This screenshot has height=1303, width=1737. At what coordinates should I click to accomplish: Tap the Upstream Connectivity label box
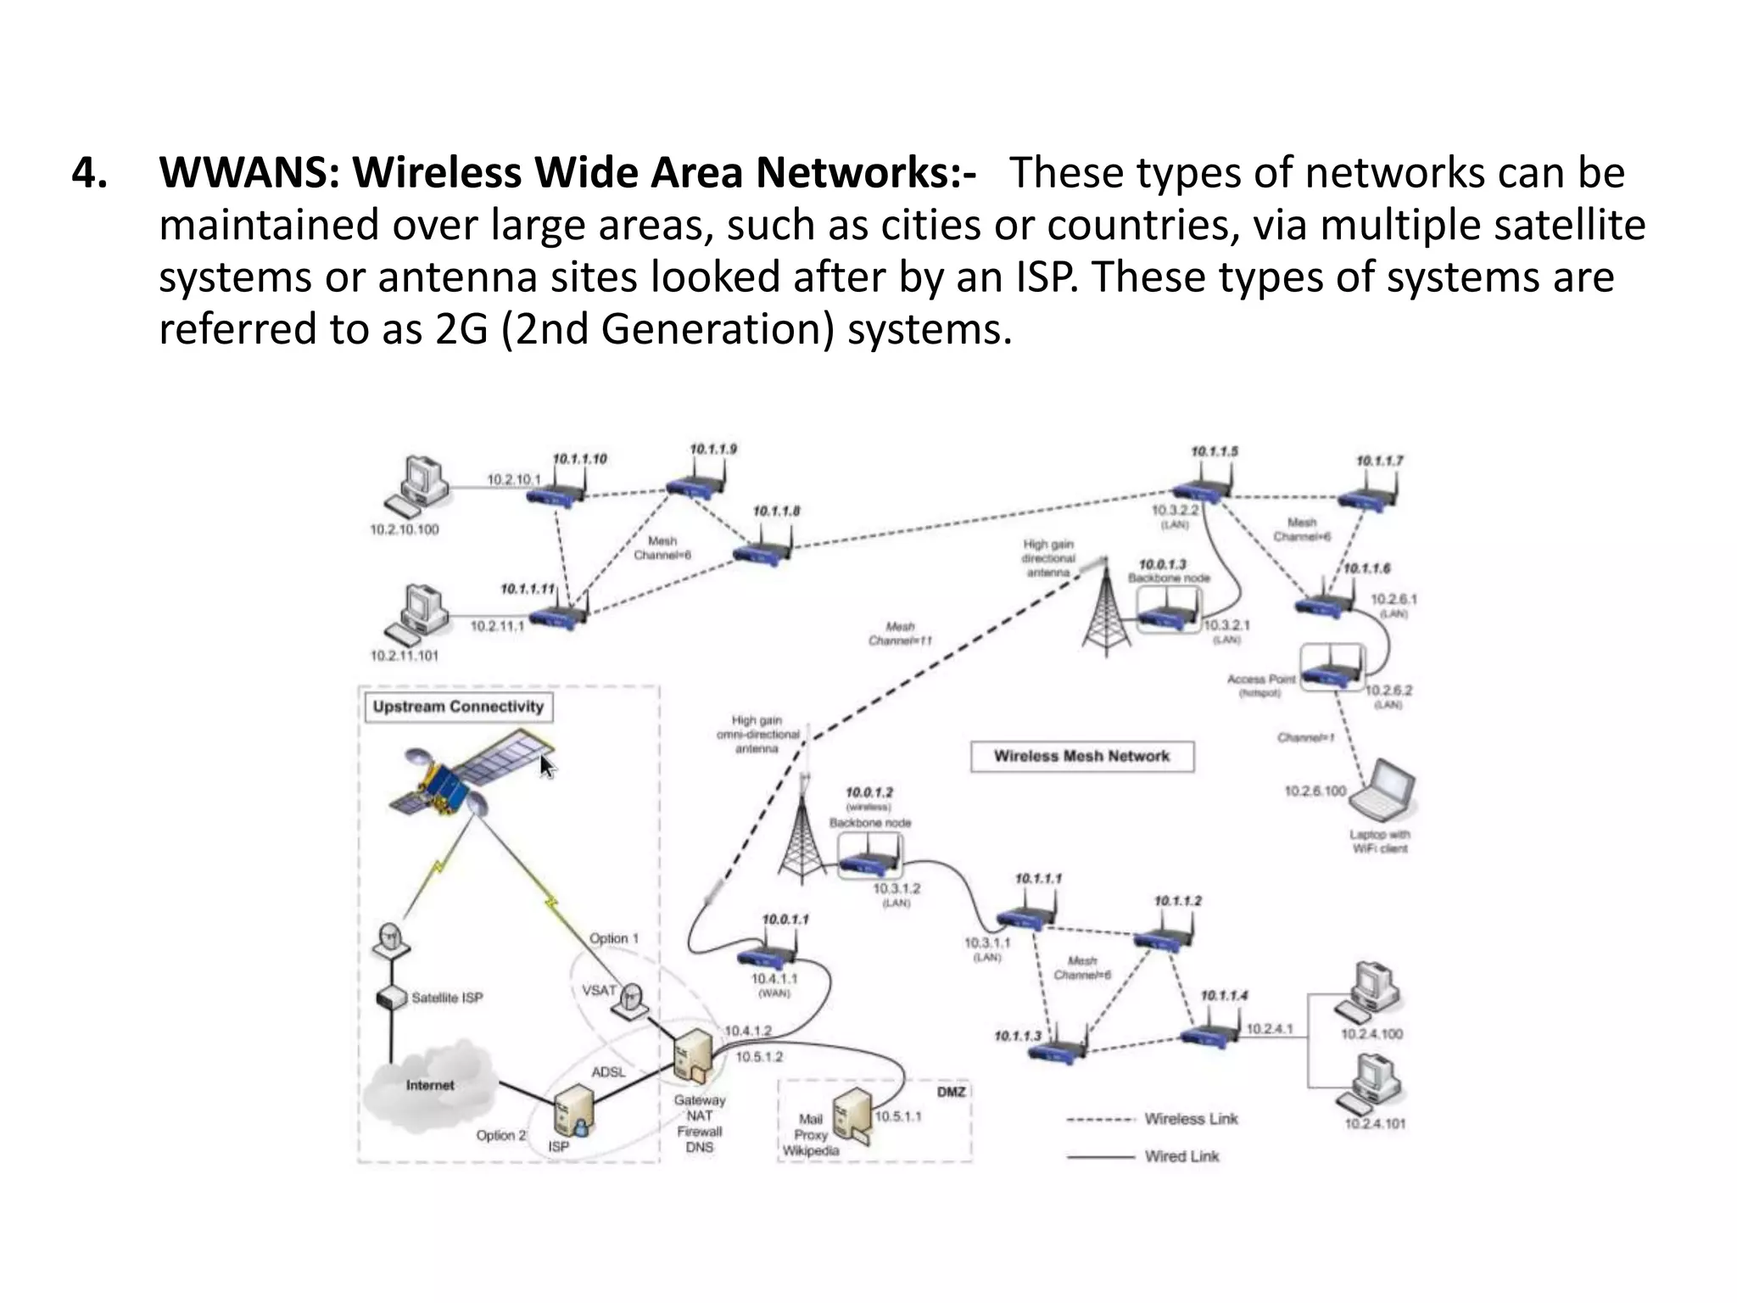[458, 707]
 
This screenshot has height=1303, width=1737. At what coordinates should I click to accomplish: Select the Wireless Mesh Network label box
[1081, 756]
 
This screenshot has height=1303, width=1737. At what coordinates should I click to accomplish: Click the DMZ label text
[951, 1092]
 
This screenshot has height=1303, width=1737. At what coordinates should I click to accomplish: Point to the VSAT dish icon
[633, 1001]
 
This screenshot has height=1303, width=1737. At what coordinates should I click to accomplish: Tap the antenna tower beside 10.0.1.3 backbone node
[1104, 611]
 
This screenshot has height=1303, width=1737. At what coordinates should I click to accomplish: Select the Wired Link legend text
[1181, 1156]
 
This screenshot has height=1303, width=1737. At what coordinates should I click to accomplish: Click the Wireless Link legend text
[1191, 1119]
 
